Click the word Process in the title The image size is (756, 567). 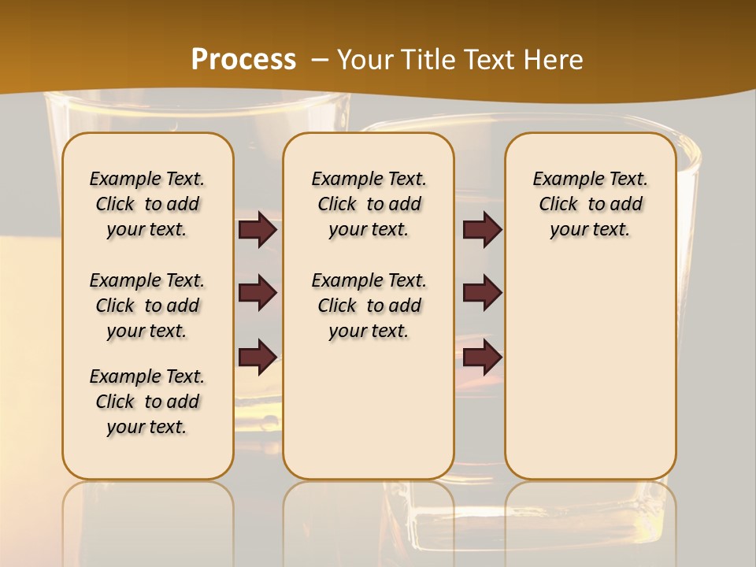(243, 60)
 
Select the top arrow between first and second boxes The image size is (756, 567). (258, 230)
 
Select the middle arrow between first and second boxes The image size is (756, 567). (258, 293)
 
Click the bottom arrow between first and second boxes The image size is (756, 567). (258, 357)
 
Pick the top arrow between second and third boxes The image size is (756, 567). (482, 230)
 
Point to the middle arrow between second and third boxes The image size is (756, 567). (482, 293)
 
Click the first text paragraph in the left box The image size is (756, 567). (147, 204)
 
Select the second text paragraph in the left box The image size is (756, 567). (147, 306)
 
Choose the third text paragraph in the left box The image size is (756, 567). (147, 402)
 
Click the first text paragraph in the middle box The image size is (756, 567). (369, 204)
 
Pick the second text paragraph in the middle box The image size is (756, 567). (369, 306)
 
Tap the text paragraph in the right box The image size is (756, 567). (590, 204)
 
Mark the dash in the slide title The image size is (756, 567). (320, 60)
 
